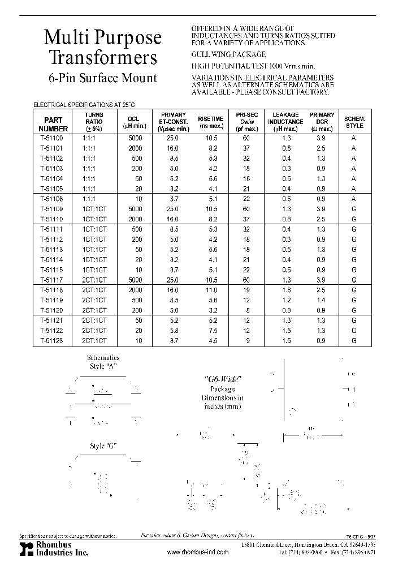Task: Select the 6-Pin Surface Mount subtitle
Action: [x=102, y=78]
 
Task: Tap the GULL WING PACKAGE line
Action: [x=228, y=54]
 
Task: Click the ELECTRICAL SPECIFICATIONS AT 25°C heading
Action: [x=85, y=105]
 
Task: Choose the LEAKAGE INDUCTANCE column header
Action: [x=285, y=122]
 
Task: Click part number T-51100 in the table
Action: [x=52, y=138]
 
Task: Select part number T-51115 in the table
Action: [x=52, y=270]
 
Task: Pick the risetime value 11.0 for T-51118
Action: [x=210, y=290]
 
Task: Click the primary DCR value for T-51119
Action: [x=322, y=300]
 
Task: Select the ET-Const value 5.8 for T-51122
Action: [x=173, y=331]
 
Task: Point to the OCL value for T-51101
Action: [x=133, y=148]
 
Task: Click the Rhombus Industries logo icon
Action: [x=23, y=548]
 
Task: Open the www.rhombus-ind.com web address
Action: [x=198, y=552]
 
